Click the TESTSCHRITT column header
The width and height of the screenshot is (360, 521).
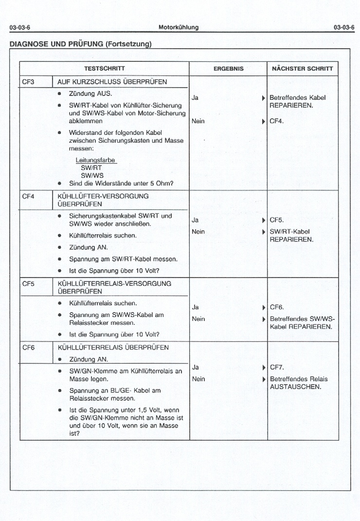(x=104, y=69)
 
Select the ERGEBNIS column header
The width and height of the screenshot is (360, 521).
(x=229, y=69)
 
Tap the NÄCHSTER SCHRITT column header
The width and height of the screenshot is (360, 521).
(x=302, y=69)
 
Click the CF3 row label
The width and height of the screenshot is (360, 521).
(x=28, y=82)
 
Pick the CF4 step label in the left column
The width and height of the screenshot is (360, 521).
(x=28, y=196)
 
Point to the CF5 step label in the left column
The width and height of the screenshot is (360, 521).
(x=28, y=283)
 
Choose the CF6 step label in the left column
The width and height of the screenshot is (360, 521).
(x=28, y=348)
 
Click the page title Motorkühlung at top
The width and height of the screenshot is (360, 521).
(x=179, y=27)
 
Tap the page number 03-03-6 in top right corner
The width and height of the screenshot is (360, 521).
(x=344, y=27)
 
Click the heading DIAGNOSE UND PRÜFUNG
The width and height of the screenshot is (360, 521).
(x=81, y=44)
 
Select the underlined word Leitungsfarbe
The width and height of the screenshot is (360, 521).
(x=96, y=160)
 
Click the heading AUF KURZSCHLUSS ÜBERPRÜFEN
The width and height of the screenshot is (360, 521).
(x=112, y=82)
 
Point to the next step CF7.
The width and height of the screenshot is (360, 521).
(x=276, y=367)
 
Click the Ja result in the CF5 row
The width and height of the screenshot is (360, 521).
(x=195, y=307)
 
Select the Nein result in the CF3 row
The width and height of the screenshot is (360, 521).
(x=198, y=121)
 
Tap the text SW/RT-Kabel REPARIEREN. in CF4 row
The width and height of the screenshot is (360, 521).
(x=291, y=236)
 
